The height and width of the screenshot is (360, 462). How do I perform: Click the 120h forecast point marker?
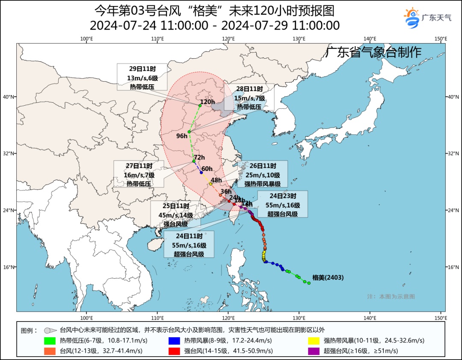200,105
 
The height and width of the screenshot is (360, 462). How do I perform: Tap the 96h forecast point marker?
189,131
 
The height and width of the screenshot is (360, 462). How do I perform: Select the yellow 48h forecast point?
210,184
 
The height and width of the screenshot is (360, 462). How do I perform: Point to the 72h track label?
199,157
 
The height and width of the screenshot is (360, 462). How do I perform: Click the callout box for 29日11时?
142,77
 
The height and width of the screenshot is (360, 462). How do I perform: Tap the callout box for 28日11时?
249,98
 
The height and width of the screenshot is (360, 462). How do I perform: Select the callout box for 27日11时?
139,174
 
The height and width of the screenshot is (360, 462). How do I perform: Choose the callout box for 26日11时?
262,174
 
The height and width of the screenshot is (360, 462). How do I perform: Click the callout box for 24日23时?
283,204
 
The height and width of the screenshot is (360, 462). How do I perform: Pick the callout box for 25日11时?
175,214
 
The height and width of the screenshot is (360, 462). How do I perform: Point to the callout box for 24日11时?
189,244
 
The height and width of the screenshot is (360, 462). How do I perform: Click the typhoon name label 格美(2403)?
328,277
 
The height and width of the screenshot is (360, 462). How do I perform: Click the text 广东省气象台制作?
373,52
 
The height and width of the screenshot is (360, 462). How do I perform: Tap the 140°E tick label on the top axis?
370,39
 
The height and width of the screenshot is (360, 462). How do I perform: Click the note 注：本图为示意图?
391,297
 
